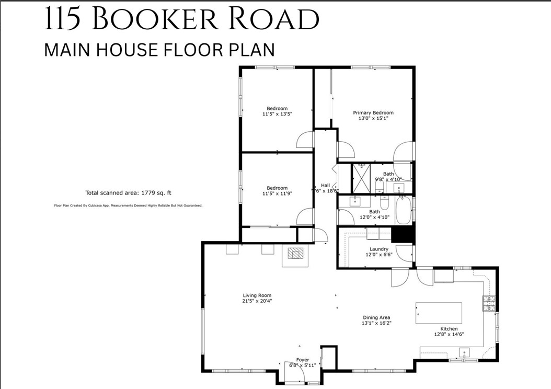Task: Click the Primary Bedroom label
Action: [373, 112]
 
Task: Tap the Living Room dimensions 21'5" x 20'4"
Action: [257, 301]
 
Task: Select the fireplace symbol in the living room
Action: [296, 254]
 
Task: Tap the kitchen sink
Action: [465, 352]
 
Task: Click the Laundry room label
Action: [378, 249]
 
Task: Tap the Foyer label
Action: [303, 360]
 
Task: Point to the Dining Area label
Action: [376, 317]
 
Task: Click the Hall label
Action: [325, 185]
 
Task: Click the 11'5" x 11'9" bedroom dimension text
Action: [277, 193]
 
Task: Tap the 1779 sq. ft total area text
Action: [143, 192]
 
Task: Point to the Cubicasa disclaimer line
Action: [128, 206]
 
